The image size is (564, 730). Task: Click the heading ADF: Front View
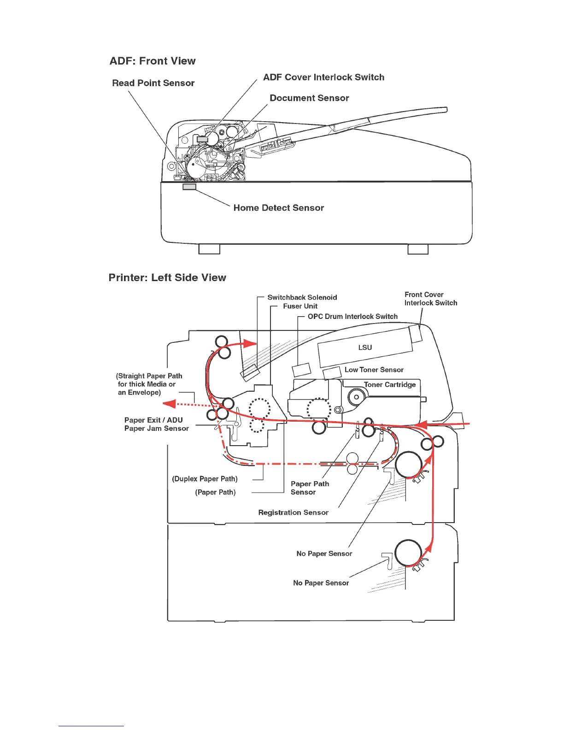point(153,61)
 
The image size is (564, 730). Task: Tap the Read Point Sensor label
point(153,83)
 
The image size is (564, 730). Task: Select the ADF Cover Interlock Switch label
point(323,77)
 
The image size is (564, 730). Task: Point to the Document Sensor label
point(309,98)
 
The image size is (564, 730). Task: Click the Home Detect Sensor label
point(278,208)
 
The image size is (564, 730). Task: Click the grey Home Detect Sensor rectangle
point(189,187)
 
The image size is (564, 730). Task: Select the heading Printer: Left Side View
point(167,277)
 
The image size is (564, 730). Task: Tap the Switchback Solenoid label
point(302,297)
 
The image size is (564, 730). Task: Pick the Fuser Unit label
point(300,306)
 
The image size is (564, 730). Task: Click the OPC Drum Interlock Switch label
point(352,316)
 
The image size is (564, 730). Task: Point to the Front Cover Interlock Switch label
point(430,299)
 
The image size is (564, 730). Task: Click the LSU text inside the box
point(365,347)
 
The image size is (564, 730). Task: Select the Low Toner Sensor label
point(374,370)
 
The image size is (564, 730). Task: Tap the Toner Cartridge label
point(389,384)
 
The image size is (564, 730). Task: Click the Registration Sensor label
point(293,512)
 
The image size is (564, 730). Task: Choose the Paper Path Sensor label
point(310,488)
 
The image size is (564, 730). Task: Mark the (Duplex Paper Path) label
point(205,479)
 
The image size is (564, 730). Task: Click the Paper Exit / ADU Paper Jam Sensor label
point(156,424)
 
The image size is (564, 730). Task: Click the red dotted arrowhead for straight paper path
point(170,404)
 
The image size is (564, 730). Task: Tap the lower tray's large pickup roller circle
point(408,553)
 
